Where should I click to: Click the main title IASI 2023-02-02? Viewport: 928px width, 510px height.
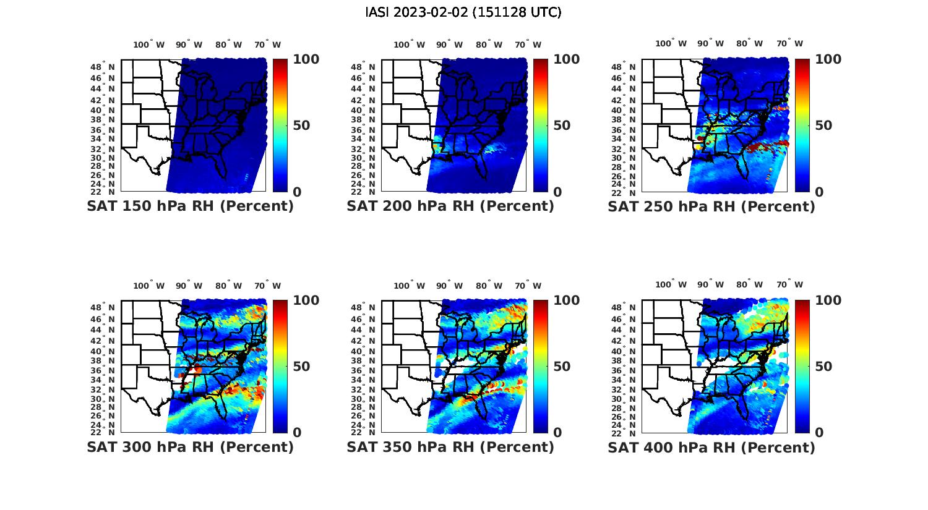[x=463, y=12]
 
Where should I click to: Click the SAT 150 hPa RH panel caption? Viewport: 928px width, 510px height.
[x=190, y=206]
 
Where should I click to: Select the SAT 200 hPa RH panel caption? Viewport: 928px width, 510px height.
[x=450, y=206]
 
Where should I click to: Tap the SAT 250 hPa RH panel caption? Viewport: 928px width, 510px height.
[x=711, y=206]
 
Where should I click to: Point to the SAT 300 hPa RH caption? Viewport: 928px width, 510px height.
[x=190, y=447]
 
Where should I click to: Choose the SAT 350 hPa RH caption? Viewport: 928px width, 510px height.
[x=450, y=447]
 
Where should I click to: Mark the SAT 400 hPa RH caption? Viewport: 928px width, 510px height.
[x=711, y=447]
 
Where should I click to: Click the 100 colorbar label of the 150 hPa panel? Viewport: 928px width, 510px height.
[x=306, y=59]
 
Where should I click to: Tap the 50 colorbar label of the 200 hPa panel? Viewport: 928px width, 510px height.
[x=561, y=125]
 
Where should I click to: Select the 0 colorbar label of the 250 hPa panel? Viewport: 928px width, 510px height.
[x=819, y=192]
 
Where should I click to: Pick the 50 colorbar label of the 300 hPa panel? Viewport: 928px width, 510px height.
[x=301, y=367]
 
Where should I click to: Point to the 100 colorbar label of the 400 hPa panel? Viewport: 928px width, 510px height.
[x=828, y=300]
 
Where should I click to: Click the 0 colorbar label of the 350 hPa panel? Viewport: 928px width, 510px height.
[x=557, y=433]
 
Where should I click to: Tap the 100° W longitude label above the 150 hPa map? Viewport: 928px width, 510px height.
[x=149, y=45]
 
